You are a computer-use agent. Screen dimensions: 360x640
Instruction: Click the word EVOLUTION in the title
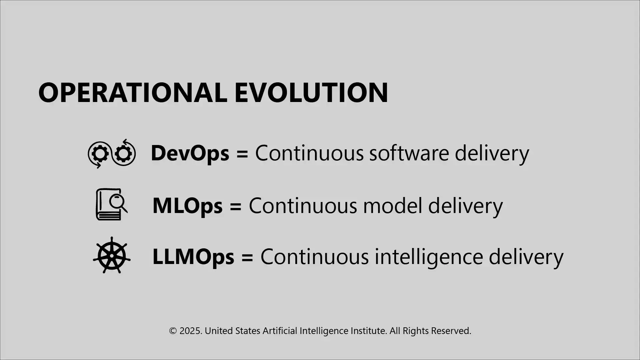[x=311, y=92]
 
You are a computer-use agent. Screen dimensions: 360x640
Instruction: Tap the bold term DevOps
[x=190, y=153]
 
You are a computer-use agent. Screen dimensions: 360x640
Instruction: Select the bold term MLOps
[x=187, y=206]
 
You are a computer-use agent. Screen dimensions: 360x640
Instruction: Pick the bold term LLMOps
[x=193, y=257]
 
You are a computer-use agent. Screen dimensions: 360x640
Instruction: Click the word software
[x=409, y=153]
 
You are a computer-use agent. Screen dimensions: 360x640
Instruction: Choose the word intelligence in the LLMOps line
[x=429, y=257]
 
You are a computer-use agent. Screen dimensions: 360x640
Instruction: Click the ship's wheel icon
[x=112, y=255]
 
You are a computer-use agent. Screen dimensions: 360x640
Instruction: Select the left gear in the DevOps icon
[x=100, y=154]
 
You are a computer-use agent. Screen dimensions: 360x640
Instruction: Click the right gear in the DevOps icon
[x=124, y=154]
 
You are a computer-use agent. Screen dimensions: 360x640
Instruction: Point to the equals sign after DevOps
[x=242, y=154]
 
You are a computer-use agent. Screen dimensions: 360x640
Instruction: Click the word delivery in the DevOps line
[x=492, y=153]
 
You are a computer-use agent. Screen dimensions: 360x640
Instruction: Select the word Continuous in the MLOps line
[x=303, y=206]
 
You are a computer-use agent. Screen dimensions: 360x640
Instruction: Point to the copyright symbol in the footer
[x=173, y=331]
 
